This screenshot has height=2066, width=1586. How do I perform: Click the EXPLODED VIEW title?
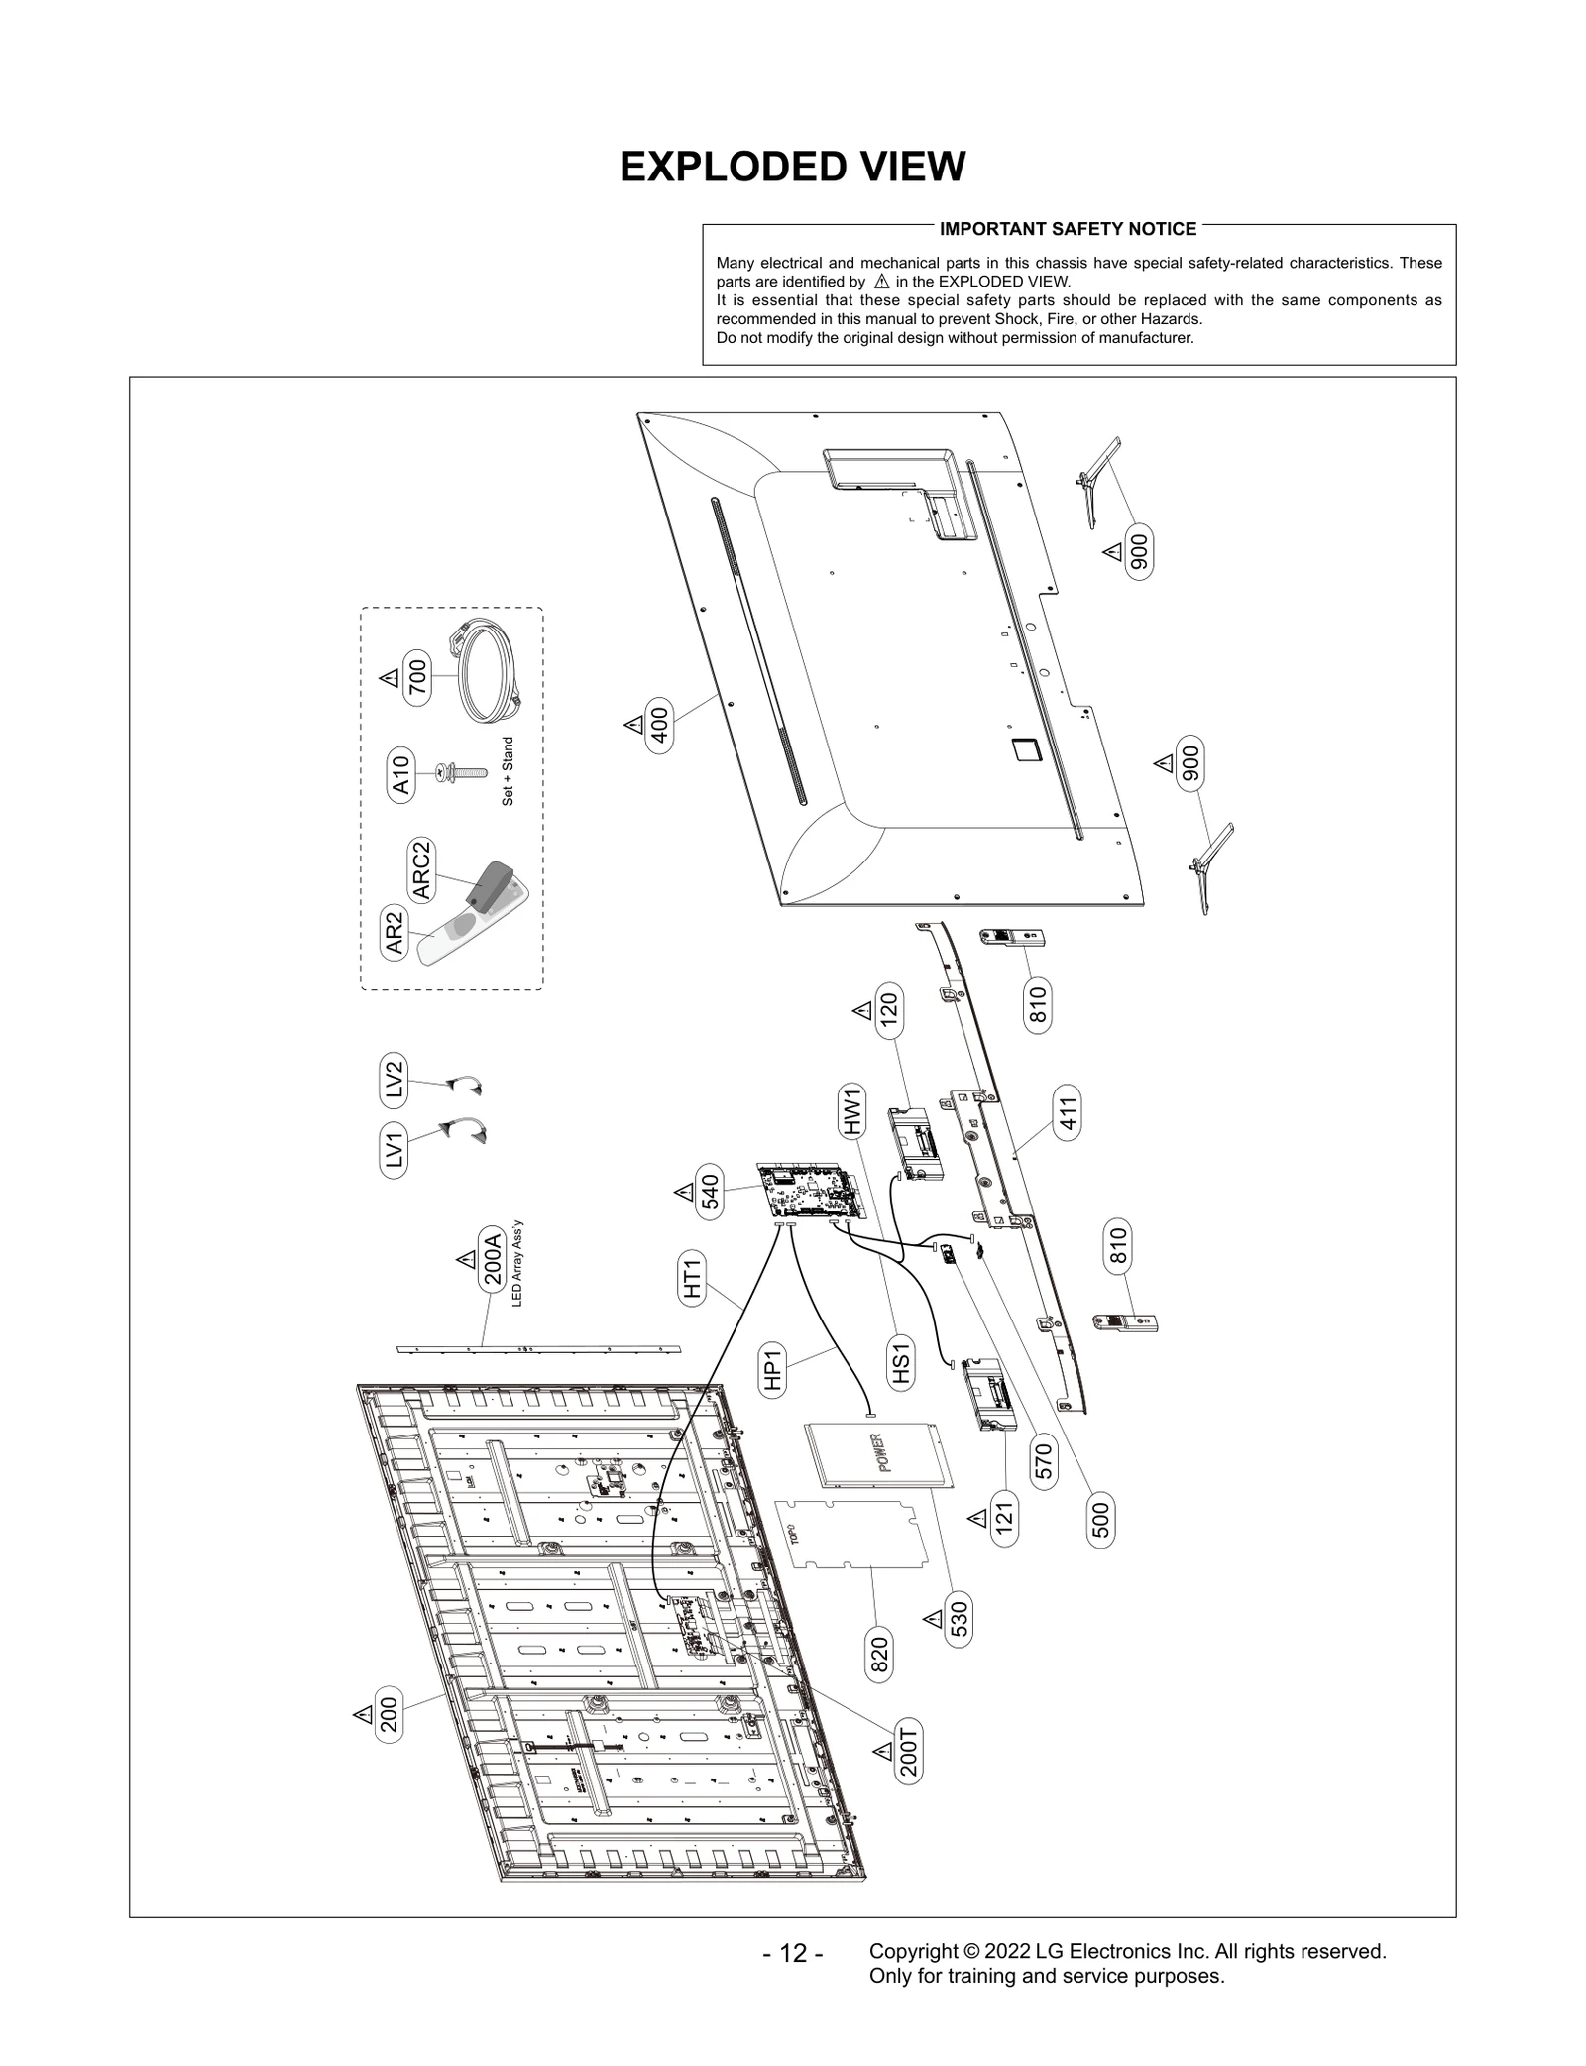click(792, 167)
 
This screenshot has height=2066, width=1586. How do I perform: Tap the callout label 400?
click(659, 726)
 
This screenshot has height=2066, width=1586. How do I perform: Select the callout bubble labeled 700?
click(417, 681)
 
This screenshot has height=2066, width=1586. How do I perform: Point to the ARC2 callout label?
click(422, 870)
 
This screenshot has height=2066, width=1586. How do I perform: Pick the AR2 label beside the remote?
click(396, 933)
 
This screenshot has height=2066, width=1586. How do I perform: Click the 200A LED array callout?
click(492, 1258)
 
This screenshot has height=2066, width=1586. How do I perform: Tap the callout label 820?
click(879, 1655)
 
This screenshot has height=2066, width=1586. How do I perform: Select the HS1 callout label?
click(900, 1363)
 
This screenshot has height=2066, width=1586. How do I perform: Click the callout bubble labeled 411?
click(1068, 1112)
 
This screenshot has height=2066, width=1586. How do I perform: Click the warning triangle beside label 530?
click(933, 1619)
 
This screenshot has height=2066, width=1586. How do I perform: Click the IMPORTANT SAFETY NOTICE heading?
click(1068, 229)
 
